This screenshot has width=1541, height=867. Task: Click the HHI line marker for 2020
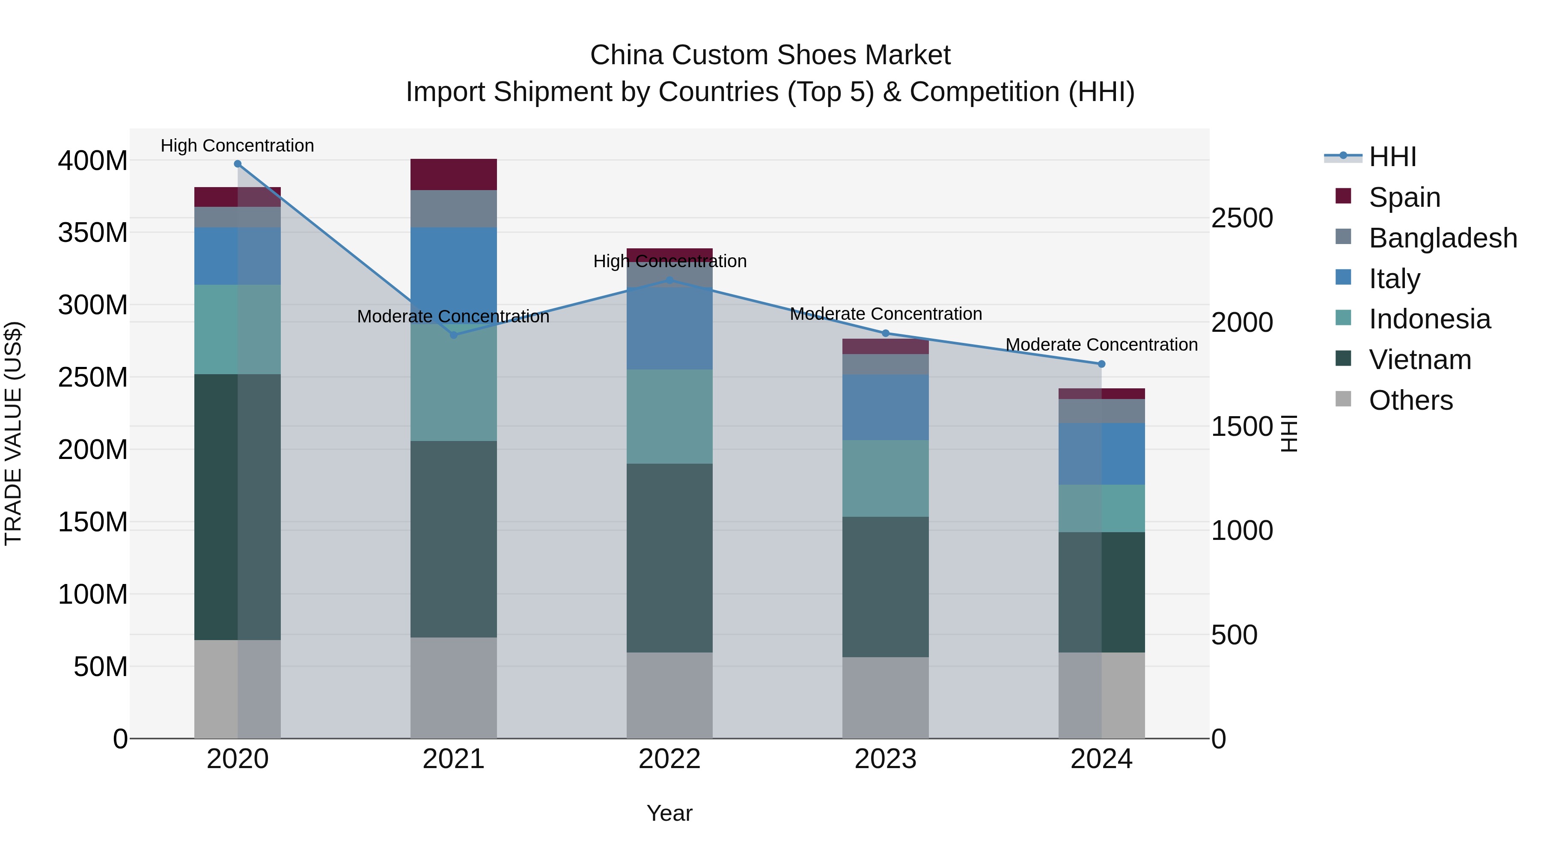(x=238, y=164)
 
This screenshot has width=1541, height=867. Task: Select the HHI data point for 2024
(x=1101, y=364)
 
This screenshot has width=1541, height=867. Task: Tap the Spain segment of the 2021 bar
(x=453, y=175)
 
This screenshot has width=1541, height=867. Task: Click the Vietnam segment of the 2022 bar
(x=669, y=557)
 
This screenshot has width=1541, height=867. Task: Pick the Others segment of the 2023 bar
(x=885, y=698)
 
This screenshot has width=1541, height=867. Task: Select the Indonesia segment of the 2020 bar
(x=238, y=330)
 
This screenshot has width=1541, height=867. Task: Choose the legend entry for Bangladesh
(x=1442, y=238)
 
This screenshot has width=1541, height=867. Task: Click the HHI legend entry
(x=1392, y=157)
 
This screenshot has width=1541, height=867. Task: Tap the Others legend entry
(x=1410, y=400)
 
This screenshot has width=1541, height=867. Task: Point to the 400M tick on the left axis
(x=93, y=161)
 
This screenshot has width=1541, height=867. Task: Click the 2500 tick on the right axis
(x=1242, y=218)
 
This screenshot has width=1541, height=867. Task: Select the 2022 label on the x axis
(x=669, y=759)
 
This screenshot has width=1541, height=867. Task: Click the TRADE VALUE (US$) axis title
(x=14, y=433)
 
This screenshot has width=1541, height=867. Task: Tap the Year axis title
(x=669, y=813)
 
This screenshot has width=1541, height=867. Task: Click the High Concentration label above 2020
(x=238, y=146)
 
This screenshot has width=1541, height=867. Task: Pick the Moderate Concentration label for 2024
(x=1101, y=345)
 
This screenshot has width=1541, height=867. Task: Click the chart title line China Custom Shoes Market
(x=770, y=55)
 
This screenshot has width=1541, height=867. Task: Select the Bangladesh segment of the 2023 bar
(x=885, y=364)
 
